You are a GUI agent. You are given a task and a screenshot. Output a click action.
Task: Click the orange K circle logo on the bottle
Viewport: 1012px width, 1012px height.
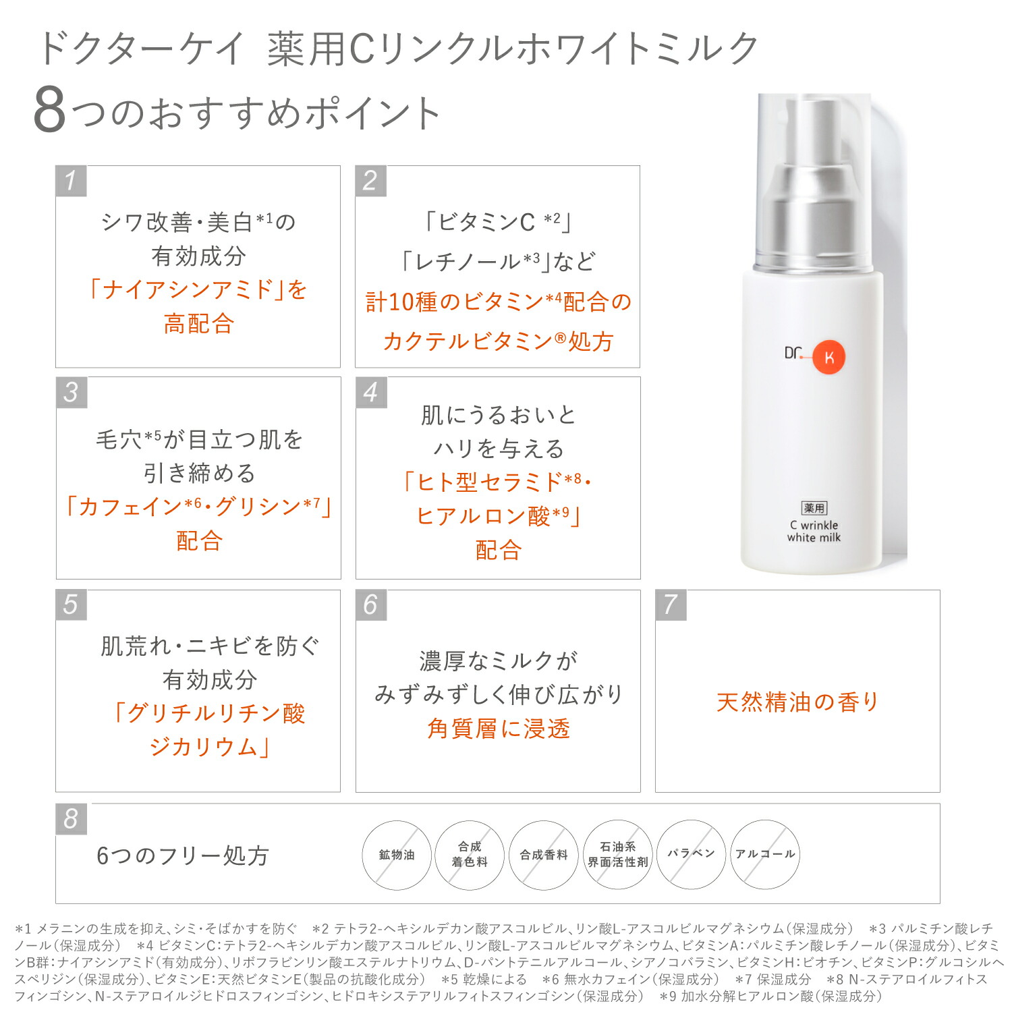tap(828, 358)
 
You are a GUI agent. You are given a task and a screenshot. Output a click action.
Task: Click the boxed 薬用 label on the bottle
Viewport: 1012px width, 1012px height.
tap(814, 508)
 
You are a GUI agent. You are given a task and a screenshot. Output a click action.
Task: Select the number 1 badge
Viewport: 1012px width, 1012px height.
tap(71, 181)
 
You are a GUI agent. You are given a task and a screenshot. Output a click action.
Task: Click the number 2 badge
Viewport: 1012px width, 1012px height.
tap(370, 181)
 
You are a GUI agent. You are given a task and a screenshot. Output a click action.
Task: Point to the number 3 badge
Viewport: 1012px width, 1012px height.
tap(71, 393)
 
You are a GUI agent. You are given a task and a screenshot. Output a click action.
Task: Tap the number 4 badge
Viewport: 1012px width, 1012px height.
tap(370, 393)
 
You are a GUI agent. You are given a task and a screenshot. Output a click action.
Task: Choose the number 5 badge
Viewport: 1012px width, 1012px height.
tap(71, 605)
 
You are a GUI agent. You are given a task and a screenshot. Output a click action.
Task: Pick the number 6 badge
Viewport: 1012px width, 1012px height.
tap(370, 605)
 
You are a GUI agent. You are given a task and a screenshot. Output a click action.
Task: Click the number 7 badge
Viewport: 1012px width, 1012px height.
tap(671, 605)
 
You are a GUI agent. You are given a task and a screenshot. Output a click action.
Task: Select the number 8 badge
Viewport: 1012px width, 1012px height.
tap(71, 819)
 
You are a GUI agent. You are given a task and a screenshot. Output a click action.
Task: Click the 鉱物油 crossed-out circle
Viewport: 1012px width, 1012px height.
tap(397, 855)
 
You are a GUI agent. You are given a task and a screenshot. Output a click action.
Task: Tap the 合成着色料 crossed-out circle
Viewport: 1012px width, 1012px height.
tap(470, 855)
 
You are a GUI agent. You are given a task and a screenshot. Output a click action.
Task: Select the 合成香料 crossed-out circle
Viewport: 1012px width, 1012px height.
tap(544, 855)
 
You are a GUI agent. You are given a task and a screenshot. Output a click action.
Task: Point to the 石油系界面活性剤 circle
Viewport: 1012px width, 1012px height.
tap(618, 855)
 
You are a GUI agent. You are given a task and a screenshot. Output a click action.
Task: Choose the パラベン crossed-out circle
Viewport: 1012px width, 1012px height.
tap(692, 855)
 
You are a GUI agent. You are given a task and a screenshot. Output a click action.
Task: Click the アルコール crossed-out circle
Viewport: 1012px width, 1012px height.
tap(765, 855)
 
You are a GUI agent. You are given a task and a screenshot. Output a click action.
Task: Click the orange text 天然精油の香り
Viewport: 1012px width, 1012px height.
tap(797, 702)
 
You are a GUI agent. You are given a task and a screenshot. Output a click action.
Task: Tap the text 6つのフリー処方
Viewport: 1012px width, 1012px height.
tap(183, 855)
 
